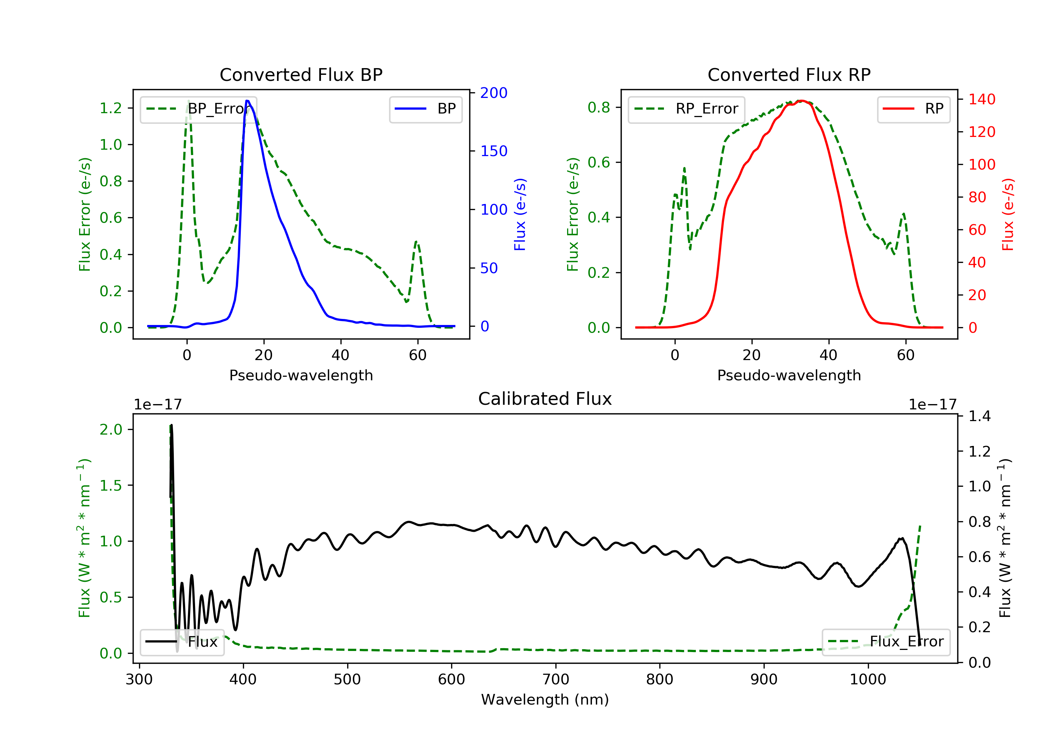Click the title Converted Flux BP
click(x=301, y=74)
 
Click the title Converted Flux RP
click(x=789, y=74)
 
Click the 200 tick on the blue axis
click(x=494, y=93)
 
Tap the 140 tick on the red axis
click(x=981, y=99)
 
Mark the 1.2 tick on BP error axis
click(x=111, y=108)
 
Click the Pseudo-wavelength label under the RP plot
click(x=789, y=375)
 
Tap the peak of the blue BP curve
click(x=248, y=101)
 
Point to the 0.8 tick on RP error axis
click(x=599, y=107)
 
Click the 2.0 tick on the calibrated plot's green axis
click(x=111, y=429)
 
